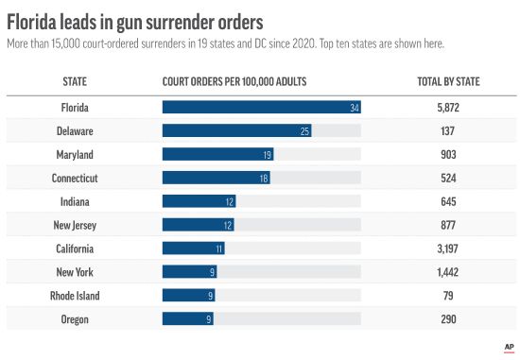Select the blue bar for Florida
[x=262, y=108]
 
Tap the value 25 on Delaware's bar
[x=304, y=131]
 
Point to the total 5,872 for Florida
[x=448, y=108]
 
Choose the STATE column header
[x=75, y=82]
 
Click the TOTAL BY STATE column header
[x=448, y=82]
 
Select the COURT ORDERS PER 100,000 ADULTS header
[x=245, y=82]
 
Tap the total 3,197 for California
[x=448, y=249]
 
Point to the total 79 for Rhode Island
[x=448, y=296]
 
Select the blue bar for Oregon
[x=188, y=319]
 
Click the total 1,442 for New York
[x=448, y=272]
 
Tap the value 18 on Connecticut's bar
[x=264, y=179]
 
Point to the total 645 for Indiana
[x=448, y=201]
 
